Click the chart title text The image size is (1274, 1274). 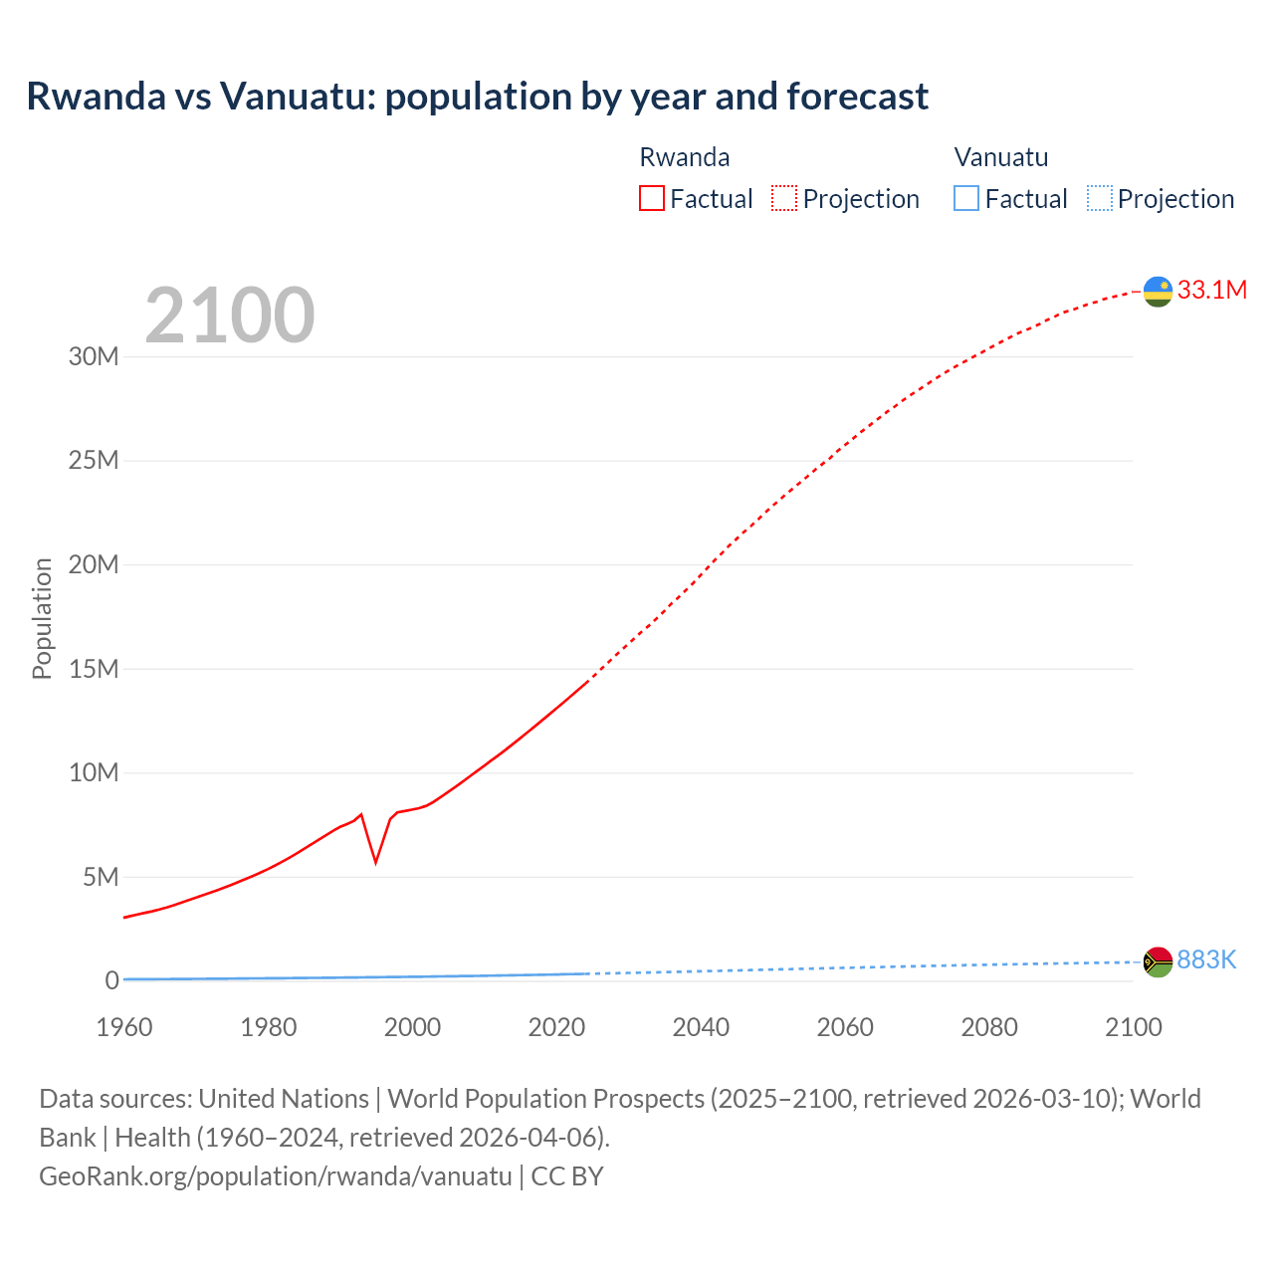pos(477,97)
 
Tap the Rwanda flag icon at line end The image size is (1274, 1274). pos(1158,291)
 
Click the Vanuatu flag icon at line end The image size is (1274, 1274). pos(1158,961)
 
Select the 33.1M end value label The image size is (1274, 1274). pos(1211,290)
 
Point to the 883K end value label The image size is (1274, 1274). pos(1206,959)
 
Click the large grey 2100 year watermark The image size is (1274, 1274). pos(230,316)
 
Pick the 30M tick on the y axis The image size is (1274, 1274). pos(94,356)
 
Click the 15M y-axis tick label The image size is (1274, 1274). pos(94,669)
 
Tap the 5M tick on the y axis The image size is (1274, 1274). pos(101,877)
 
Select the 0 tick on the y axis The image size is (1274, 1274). pos(111,980)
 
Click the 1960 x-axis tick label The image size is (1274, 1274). pos(124,1027)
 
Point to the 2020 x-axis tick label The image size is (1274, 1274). pos(556,1027)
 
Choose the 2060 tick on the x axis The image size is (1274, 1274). pos(845,1027)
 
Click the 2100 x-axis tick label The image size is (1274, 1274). pos(1133,1027)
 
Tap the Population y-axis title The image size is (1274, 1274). pos(42,618)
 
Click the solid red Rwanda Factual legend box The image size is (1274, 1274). pos(652,199)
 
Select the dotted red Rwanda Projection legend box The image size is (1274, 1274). pos(784,199)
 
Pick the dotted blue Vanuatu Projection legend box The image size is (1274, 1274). pos(1100,199)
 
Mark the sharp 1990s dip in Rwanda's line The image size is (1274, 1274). pos(375,860)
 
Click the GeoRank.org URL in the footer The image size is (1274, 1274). pos(276,1175)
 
